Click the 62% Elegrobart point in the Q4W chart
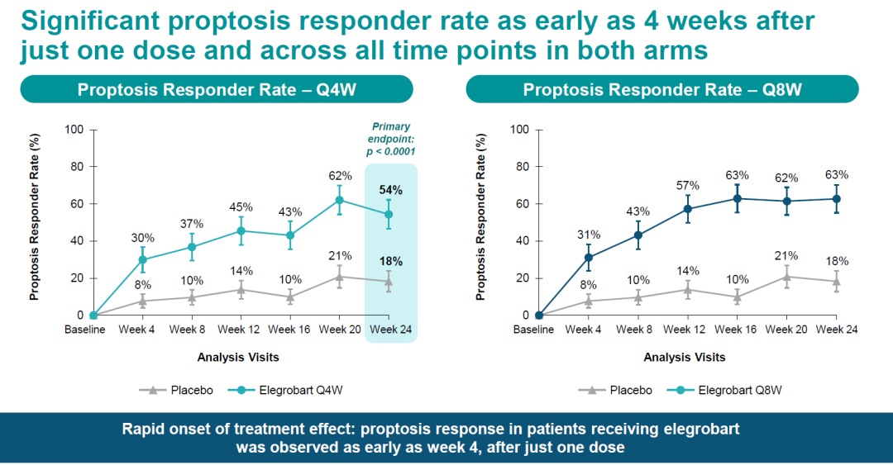point(339,200)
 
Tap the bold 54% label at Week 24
point(390,191)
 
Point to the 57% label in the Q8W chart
point(686,185)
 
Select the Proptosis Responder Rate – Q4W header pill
point(217,89)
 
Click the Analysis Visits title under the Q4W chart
point(238,358)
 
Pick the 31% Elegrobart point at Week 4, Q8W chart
point(588,257)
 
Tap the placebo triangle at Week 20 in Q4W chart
point(339,277)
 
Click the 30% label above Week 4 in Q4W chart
point(142,239)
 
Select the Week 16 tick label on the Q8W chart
point(735,330)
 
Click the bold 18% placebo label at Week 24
point(390,262)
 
